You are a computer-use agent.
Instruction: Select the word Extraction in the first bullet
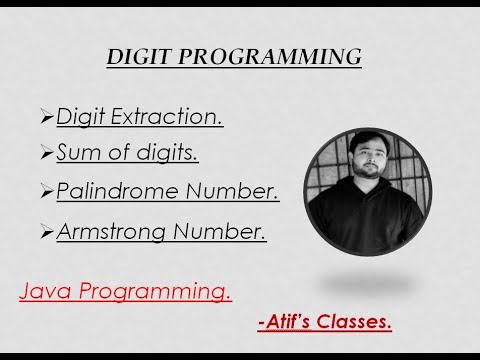[166, 117]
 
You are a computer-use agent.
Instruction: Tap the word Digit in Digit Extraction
[79, 117]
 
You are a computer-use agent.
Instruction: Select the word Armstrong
[117, 232]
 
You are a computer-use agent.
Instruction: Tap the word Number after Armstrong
[225, 232]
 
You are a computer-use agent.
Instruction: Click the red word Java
[47, 292]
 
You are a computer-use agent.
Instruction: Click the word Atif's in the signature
[289, 322]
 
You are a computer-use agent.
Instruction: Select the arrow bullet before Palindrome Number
[46, 191]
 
